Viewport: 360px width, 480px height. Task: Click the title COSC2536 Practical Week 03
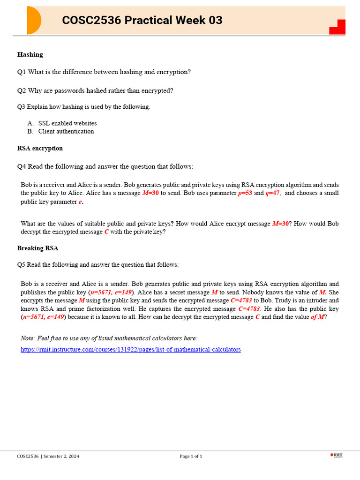point(142,20)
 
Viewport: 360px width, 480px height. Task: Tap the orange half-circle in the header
point(34,21)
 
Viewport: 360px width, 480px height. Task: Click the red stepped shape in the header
point(338,27)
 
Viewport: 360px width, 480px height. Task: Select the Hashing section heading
point(30,54)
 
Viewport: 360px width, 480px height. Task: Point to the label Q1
point(22,72)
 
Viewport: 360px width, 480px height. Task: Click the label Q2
point(22,90)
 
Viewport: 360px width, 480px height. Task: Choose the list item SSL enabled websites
point(67,123)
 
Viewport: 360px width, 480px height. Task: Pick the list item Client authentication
point(66,131)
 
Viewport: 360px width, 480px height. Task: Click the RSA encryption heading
point(40,148)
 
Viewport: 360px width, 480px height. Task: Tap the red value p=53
point(245,193)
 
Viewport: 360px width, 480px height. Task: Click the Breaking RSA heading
point(38,248)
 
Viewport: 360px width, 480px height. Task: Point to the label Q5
point(21,264)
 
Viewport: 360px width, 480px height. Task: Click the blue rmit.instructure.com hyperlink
point(131,350)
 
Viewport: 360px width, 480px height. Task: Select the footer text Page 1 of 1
point(191,456)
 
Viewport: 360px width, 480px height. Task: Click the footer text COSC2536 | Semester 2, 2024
point(48,456)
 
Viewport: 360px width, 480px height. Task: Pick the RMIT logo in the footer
point(337,455)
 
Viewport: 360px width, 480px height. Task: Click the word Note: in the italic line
point(29,338)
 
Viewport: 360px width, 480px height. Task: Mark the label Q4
point(22,166)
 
